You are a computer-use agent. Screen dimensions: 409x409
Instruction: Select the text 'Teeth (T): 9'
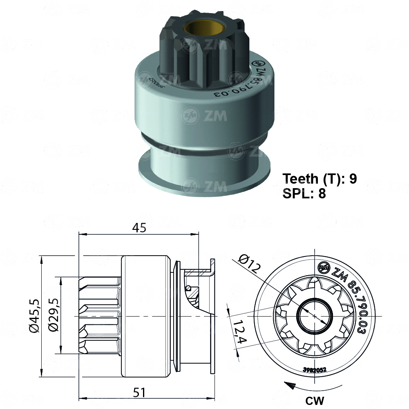320,179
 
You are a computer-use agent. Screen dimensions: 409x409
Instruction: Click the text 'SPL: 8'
304,193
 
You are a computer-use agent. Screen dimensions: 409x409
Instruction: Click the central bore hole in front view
314,316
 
